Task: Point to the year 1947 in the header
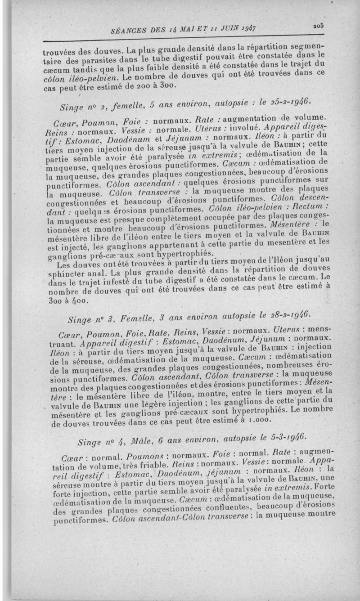[247, 28]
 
